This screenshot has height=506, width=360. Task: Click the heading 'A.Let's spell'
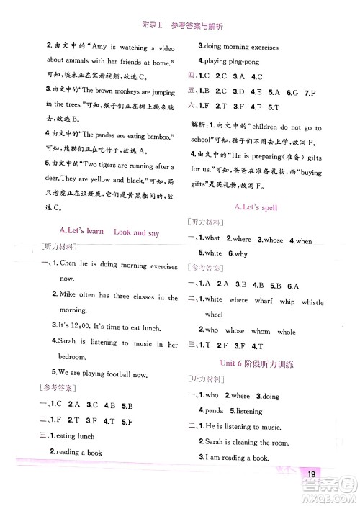point(256,207)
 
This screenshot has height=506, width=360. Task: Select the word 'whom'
point(261,332)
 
